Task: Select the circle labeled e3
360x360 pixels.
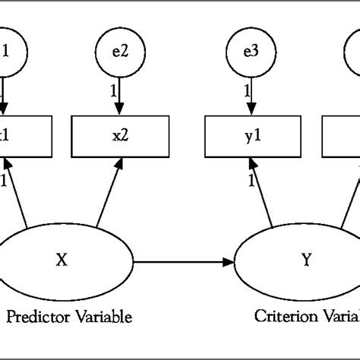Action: click(250, 53)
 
